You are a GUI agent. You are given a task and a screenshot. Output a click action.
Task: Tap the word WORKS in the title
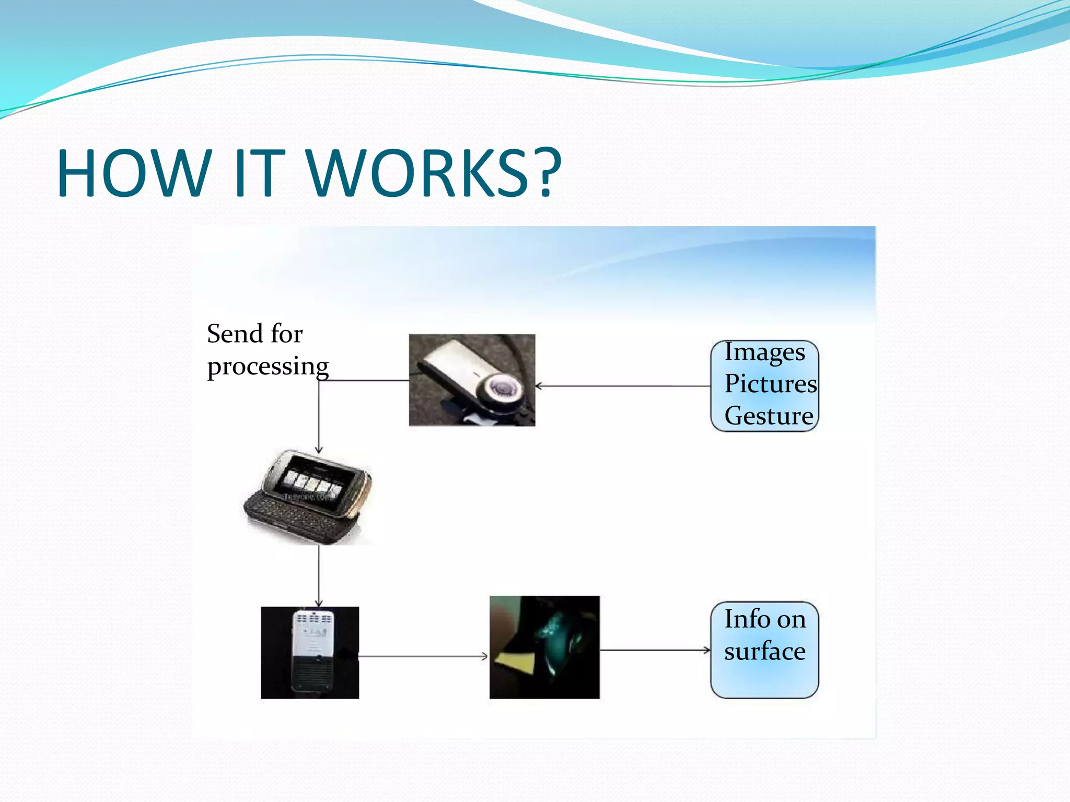(x=418, y=173)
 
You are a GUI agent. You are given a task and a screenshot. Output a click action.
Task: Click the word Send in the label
(x=235, y=334)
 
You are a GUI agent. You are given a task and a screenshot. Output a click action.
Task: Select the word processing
(x=267, y=367)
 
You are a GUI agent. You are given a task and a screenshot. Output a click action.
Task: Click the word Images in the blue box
(x=764, y=353)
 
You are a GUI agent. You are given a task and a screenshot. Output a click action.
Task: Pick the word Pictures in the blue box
(x=770, y=384)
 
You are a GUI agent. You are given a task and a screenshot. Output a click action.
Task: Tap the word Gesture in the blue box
(x=769, y=416)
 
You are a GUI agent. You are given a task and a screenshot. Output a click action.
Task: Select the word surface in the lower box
(x=764, y=651)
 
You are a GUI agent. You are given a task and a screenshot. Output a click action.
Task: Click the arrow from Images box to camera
(x=622, y=386)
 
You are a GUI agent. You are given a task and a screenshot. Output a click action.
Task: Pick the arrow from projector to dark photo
(x=423, y=656)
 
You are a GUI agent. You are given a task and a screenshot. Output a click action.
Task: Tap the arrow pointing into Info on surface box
(x=656, y=651)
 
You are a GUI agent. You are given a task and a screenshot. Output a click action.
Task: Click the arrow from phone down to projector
(x=319, y=574)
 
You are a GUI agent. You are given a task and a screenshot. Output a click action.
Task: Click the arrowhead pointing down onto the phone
(x=319, y=450)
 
